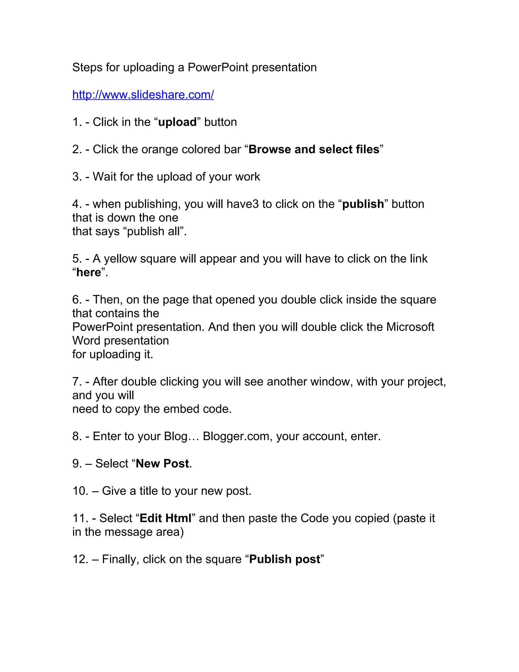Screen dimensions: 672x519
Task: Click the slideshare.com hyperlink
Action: tap(143, 95)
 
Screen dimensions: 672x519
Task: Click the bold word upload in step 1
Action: tap(177, 122)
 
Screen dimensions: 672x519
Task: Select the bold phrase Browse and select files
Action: tap(314, 150)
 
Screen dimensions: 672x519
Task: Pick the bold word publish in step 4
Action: tap(363, 204)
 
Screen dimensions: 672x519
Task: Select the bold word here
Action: tap(88, 272)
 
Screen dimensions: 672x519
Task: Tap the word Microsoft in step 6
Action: tap(410, 327)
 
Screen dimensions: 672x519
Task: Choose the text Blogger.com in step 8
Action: tap(236, 436)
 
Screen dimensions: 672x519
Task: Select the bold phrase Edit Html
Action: tap(165, 518)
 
